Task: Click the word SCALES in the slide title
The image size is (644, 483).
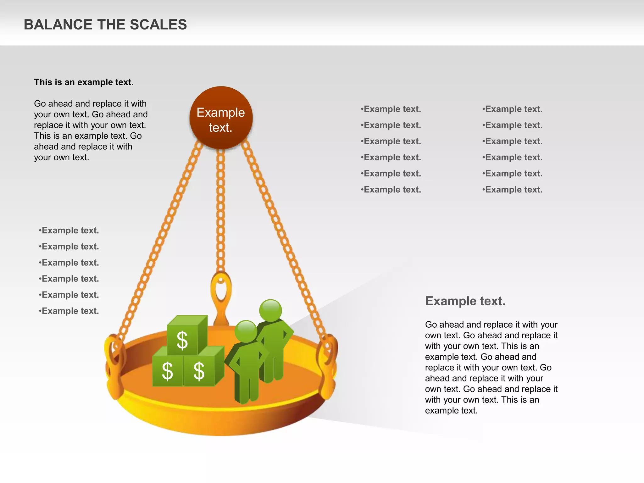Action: [158, 25]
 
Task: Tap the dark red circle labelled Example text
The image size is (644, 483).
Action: [221, 118]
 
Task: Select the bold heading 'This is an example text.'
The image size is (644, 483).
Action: [84, 82]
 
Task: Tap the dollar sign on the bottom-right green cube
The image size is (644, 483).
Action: [199, 371]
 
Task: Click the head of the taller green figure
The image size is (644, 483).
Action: [270, 310]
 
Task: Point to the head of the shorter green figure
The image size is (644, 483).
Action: [246, 331]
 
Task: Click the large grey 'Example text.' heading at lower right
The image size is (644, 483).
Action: [465, 301]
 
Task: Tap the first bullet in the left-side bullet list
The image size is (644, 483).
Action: [69, 230]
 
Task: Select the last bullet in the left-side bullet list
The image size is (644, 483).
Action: [69, 311]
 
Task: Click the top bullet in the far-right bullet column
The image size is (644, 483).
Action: [513, 109]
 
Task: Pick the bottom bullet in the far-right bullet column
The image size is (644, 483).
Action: [513, 190]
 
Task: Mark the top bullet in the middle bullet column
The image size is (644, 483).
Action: [391, 109]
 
